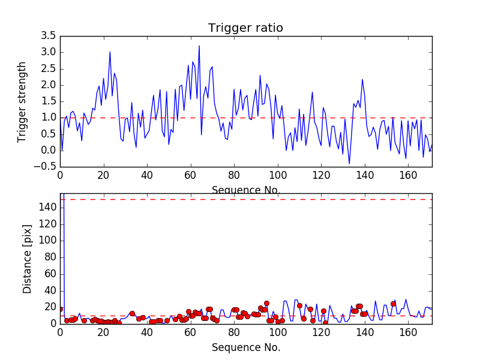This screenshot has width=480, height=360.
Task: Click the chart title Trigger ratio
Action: pos(245,28)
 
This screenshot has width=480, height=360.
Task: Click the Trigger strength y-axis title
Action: pos(22,101)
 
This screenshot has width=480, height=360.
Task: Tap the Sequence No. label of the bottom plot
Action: pos(246,347)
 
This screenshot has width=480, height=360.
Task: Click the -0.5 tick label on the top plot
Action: pos(45,166)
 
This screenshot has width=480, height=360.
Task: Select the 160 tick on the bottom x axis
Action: pos(408,332)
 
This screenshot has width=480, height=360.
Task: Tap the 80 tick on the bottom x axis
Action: pos(234,332)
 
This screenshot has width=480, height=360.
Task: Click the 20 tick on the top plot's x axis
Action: pos(103,175)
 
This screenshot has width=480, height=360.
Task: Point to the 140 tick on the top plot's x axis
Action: pos(365,175)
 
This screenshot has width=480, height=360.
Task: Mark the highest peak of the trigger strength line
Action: pos(199,46)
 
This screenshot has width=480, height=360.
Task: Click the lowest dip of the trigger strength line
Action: pos(349,164)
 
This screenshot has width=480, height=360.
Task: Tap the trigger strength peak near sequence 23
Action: pos(110,52)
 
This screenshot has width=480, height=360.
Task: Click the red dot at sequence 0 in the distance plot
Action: pos(60,309)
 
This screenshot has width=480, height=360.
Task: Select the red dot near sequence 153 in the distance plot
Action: pos(393,304)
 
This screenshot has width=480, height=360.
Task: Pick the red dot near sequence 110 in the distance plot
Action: pos(299,305)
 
